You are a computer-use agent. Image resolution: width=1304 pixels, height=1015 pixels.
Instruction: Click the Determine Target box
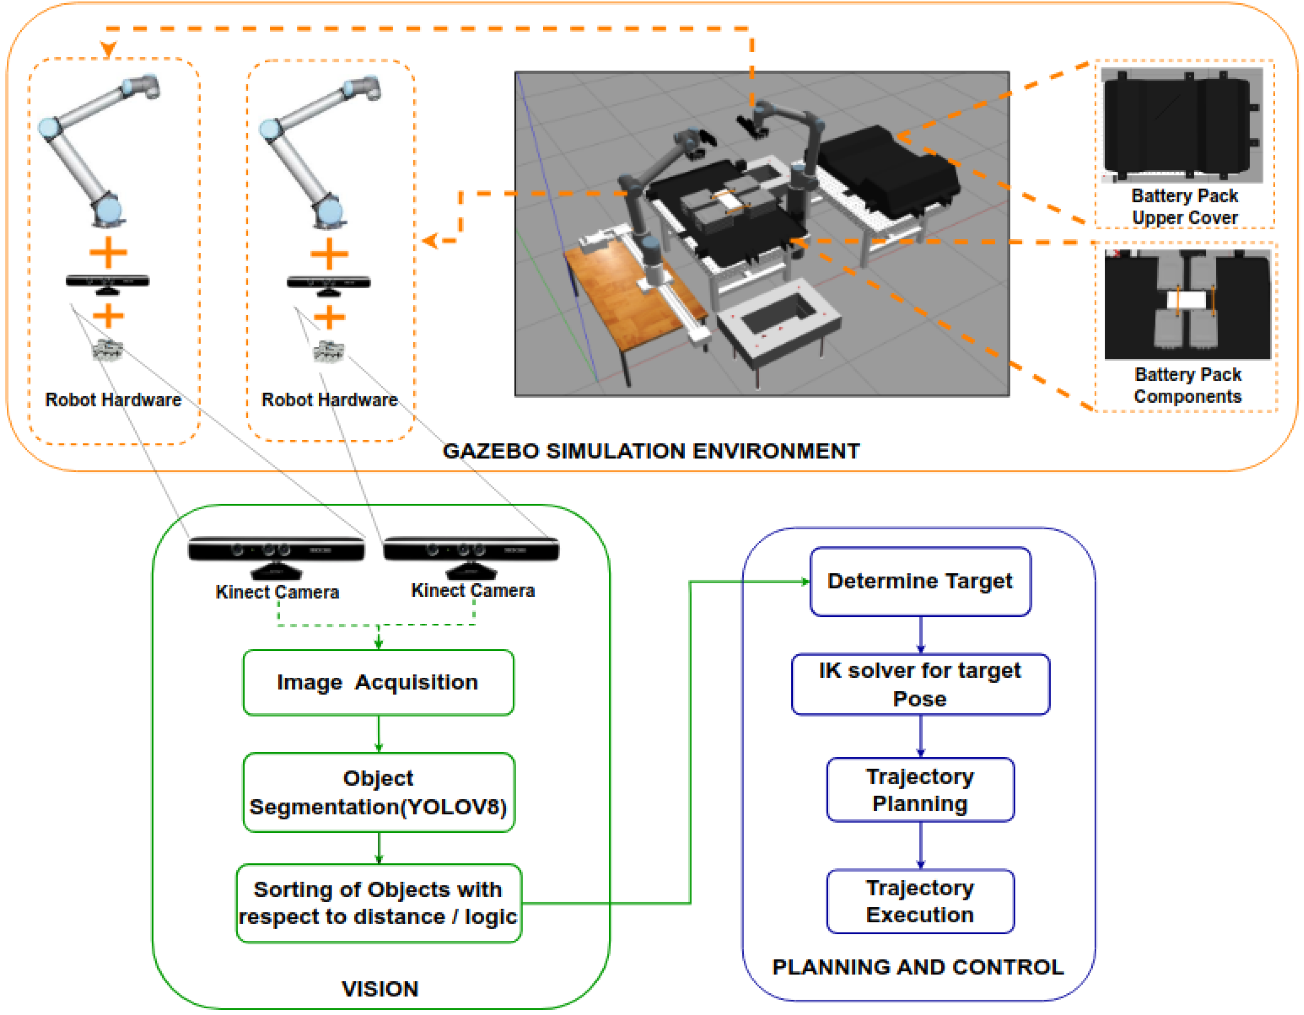click(920, 581)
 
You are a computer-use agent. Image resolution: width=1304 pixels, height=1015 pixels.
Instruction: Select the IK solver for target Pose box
click(920, 684)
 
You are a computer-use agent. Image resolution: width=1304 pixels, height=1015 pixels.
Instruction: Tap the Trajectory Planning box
click(920, 789)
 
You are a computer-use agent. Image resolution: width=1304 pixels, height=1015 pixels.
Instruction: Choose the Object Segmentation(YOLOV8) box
click(379, 792)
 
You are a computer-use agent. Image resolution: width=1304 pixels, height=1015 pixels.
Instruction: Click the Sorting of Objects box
click(379, 903)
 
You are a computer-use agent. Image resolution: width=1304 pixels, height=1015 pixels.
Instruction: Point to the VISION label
click(380, 989)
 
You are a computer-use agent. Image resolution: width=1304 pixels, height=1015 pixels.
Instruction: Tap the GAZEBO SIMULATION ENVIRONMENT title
click(651, 451)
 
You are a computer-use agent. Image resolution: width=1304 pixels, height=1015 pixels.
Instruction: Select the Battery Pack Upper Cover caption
click(1184, 206)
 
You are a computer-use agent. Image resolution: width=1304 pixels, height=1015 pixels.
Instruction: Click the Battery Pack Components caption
click(1188, 385)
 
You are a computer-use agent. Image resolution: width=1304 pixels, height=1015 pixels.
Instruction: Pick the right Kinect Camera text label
click(473, 590)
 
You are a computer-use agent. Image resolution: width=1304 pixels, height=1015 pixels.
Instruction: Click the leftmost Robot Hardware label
click(113, 399)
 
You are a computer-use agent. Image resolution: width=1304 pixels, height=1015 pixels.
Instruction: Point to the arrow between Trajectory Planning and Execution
click(920, 845)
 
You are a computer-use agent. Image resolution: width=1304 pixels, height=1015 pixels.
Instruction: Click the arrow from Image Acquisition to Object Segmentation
click(379, 734)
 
